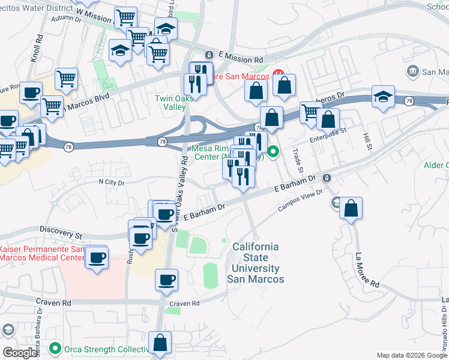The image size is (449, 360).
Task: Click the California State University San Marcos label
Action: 255,263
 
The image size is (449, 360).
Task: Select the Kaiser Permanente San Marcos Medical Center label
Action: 42,253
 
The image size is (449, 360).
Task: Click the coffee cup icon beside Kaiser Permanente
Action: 97,258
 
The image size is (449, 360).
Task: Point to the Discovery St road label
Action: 61,229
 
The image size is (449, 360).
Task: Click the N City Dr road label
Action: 112,182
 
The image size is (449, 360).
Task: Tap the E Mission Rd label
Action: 241,60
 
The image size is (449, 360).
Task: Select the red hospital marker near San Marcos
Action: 278,74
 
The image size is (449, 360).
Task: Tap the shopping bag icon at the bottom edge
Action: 161,344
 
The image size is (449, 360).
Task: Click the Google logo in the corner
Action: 20,353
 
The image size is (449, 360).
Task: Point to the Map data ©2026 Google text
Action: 411,355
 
